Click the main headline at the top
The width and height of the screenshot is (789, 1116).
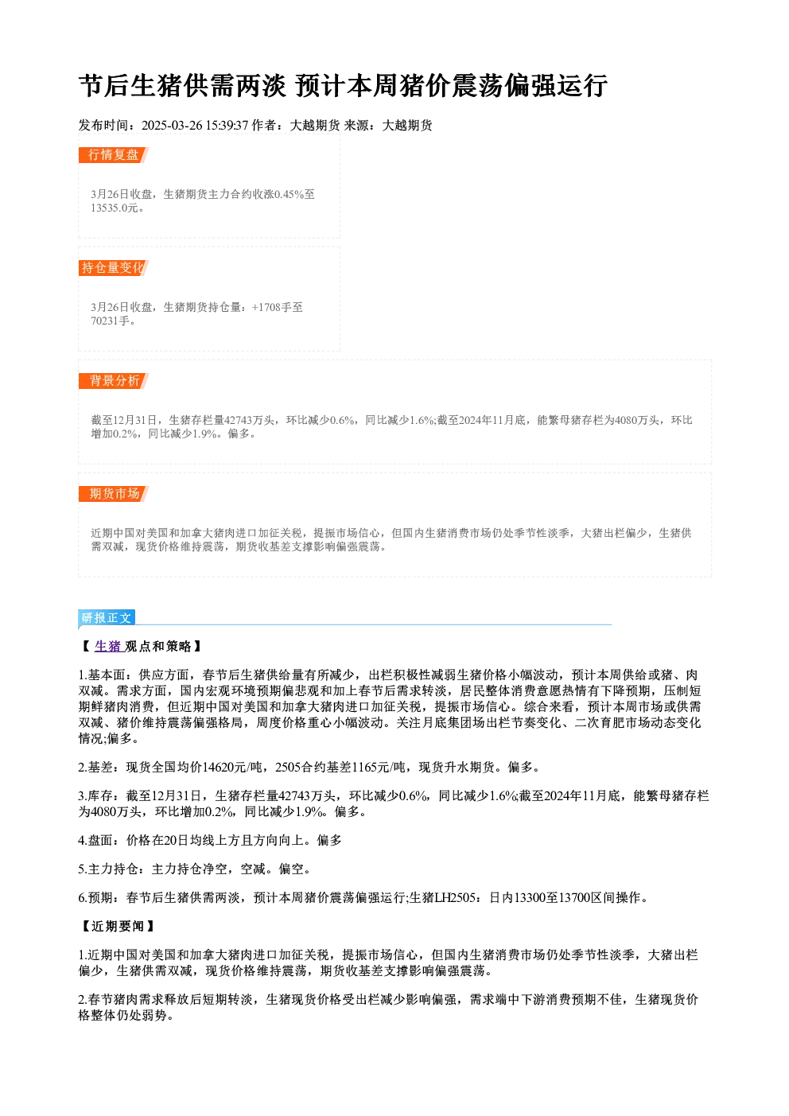point(343,86)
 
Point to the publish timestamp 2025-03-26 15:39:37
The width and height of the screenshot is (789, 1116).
point(195,125)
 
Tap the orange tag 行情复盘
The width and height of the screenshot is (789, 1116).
point(113,155)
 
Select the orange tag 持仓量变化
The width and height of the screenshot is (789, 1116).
point(113,268)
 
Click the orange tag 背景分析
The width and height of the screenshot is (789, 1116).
point(113,381)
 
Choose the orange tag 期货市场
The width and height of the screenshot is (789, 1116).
point(113,494)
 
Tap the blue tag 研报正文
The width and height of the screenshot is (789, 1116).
point(106,618)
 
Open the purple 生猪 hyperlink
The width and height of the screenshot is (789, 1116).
point(107,646)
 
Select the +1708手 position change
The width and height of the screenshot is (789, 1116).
point(271,307)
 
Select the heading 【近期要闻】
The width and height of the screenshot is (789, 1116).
point(118,926)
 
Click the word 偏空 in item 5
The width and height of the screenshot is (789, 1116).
point(291,869)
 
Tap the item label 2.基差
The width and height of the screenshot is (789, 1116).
point(95,768)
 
